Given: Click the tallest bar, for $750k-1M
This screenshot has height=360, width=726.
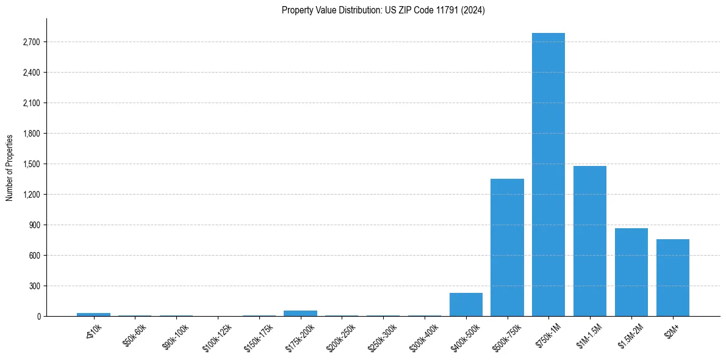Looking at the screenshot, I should [548, 175].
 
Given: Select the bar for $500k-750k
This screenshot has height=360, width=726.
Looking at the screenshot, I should [507, 247].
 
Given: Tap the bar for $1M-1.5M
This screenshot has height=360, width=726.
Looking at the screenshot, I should [589, 241].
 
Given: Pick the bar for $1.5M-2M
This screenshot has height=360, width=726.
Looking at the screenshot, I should [631, 272].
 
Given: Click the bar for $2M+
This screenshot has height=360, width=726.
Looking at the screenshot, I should [672, 278].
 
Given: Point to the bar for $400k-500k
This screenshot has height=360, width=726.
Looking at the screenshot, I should [465, 304].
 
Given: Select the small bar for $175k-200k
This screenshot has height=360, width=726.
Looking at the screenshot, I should [300, 313].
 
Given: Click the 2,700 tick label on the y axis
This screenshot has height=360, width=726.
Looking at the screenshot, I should [31, 42].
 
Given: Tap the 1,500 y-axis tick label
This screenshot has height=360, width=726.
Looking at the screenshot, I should [31, 164].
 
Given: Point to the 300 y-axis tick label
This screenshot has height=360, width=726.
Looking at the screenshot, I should [34, 286].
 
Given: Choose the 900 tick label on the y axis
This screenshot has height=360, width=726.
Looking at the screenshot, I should [34, 225].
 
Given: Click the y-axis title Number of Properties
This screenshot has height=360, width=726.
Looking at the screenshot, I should [9, 168].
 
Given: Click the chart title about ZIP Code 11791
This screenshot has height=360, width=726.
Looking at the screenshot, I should [383, 10].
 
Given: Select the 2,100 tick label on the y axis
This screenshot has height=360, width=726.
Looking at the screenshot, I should [31, 103].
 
